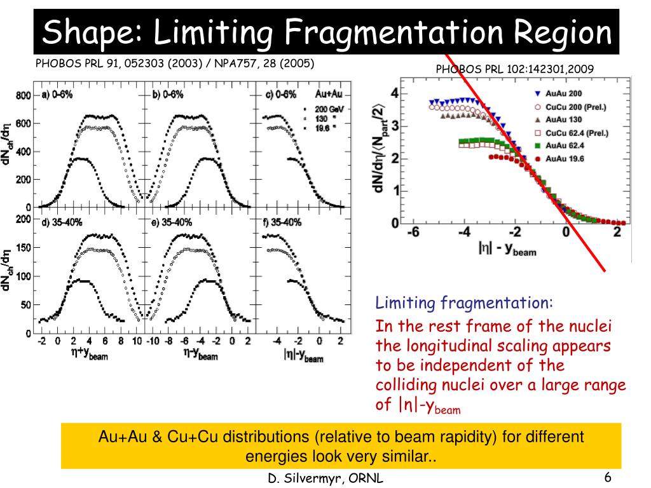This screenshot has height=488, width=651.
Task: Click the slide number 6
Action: (608, 478)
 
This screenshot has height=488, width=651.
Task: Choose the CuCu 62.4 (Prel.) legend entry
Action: (578, 133)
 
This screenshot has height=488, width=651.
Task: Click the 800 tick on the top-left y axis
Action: (24, 96)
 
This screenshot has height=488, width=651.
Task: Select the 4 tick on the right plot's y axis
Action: (395, 93)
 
